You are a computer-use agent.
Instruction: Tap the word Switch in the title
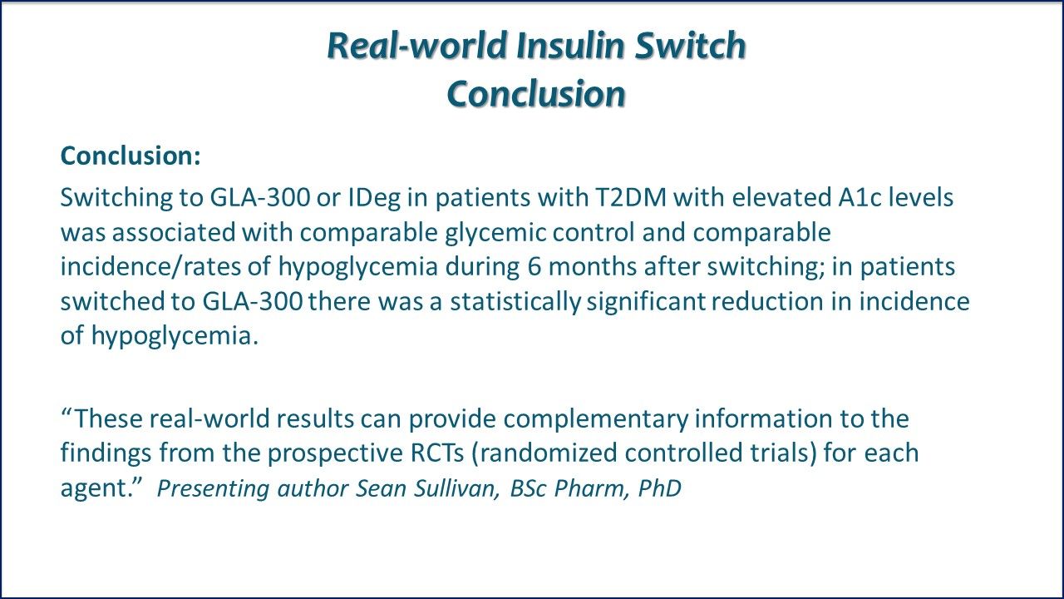pos(690,45)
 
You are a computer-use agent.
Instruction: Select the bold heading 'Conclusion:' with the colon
pos(131,156)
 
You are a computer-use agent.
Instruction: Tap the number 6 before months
pos(534,267)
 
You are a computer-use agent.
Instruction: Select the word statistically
pos(515,302)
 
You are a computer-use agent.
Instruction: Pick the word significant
pos(646,302)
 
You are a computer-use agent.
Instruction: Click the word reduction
pos(767,301)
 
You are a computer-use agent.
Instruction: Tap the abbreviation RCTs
pos(437,453)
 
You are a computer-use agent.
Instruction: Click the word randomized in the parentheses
pos(548,453)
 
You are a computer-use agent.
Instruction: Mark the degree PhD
pos(660,488)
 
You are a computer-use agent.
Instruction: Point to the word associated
pos(174,233)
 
